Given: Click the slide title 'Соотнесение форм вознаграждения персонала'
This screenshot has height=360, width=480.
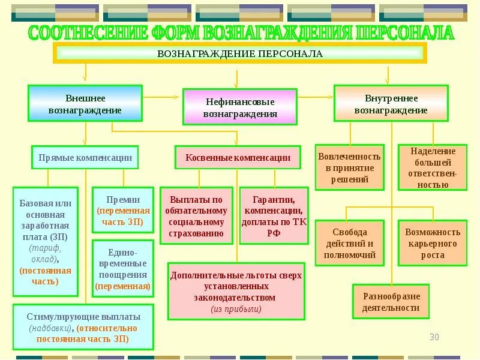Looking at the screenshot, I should point(240,32).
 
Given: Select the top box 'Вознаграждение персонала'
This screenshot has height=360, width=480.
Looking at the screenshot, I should point(240,53).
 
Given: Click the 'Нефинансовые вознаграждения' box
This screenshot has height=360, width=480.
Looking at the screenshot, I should point(240,107).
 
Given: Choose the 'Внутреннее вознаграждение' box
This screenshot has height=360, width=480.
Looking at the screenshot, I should point(391,104).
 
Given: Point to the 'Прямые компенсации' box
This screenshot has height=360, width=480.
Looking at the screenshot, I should point(85,157).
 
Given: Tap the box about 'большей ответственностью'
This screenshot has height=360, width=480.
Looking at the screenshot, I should point(433,167).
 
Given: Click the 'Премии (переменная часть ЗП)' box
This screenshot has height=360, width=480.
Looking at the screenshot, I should point(123,210).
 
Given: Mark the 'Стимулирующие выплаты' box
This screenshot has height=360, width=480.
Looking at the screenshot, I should point(83,327).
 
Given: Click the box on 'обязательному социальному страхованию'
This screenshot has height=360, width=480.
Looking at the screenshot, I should point(197,216).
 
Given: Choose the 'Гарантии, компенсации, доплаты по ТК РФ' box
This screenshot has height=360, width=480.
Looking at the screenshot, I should point(274,216).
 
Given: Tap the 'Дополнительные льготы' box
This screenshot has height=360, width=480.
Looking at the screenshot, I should point(236,291).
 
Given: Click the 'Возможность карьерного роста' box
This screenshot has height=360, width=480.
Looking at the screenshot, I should point(433,243).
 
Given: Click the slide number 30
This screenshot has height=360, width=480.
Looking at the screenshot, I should point(434,337).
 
